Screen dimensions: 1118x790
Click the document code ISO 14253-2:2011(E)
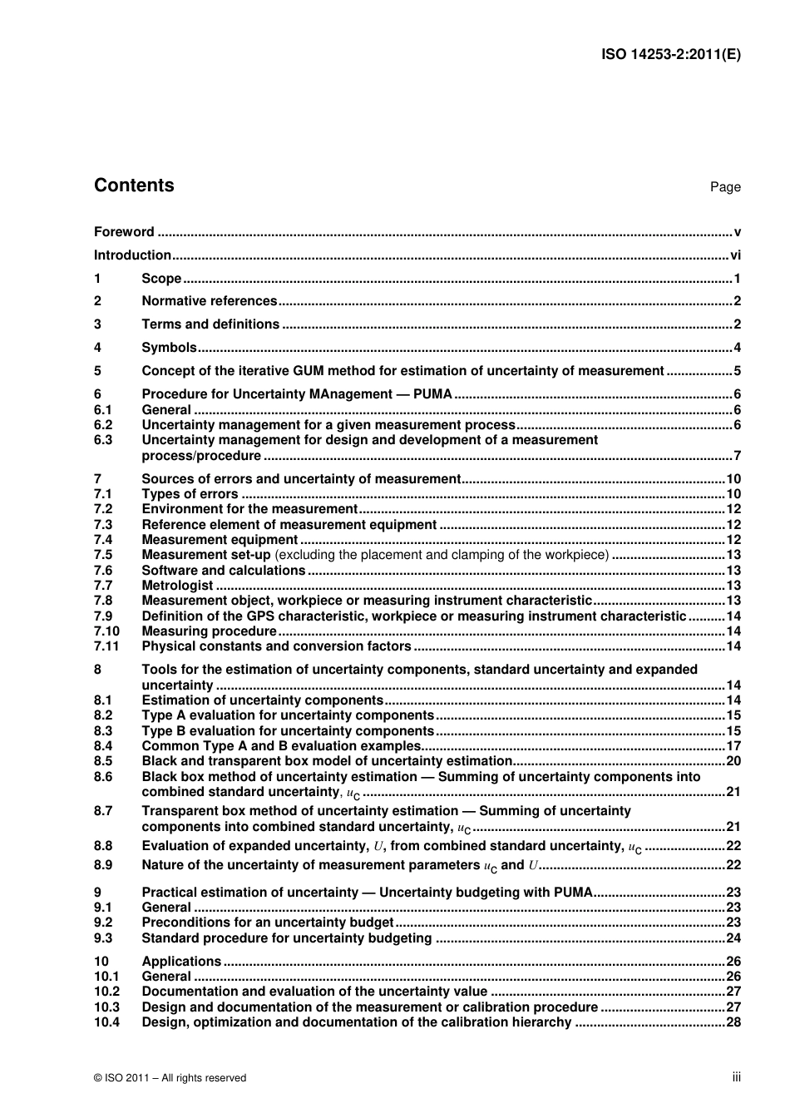pos(670,55)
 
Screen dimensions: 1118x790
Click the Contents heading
pos(134,186)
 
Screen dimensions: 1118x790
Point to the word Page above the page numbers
pos(724,187)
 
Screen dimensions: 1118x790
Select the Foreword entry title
pos(124,232)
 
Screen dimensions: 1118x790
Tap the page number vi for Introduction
pos(735,255)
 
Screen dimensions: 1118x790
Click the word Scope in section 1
pos(161,279)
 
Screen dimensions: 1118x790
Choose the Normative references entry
pos(209,301)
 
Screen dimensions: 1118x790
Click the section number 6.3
pos(103,440)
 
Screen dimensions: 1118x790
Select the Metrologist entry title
pos(177,586)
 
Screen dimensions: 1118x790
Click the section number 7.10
pos(106,631)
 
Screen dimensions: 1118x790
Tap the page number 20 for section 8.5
pos(733,761)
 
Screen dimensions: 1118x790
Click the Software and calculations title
pos(223,571)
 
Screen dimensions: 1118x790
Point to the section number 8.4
pos(103,746)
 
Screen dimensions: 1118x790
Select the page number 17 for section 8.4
pos(733,746)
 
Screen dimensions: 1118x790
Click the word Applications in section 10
pos(181,962)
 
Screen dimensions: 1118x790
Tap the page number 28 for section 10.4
pos(733,1022)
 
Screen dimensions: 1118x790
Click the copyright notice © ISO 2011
pos(170,1078)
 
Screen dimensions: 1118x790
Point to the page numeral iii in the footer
pos(736,1077)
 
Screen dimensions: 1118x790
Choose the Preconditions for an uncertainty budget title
pos(267,923)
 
